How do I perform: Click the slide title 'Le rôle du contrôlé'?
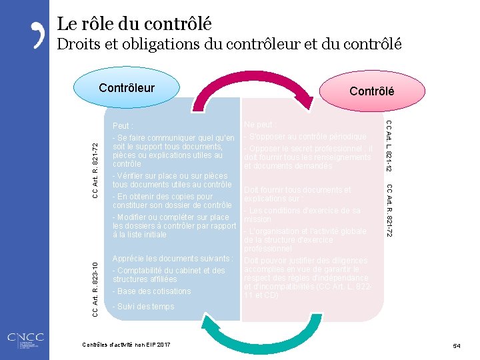pyautogui.click(x=134, y=25)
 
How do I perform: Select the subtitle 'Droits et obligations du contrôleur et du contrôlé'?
pyautogui.click(x=229, y=45)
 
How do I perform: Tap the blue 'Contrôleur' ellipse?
pyautogui.click(x=127, y=88)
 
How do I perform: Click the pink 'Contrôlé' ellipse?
pyautogui.click(x=371, y=91)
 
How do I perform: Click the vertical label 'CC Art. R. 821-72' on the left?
pyautogui.click(x=95, y=170)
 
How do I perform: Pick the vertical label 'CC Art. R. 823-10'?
pyautogui.click(x=95, y=281)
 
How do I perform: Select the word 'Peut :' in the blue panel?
pyautogui.click(x=123, y=125)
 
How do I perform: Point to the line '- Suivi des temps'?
pyautogui.click(x=143, y=307)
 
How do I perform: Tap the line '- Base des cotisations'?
pyautogui.click(x=152, y=291)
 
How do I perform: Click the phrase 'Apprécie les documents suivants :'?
pyautogui.click(x=173, y=259)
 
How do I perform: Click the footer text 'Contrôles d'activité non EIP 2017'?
pyautogui.click(x=126, y=345)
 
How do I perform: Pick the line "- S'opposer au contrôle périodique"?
pyautogui.click(x=305, y=136)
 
